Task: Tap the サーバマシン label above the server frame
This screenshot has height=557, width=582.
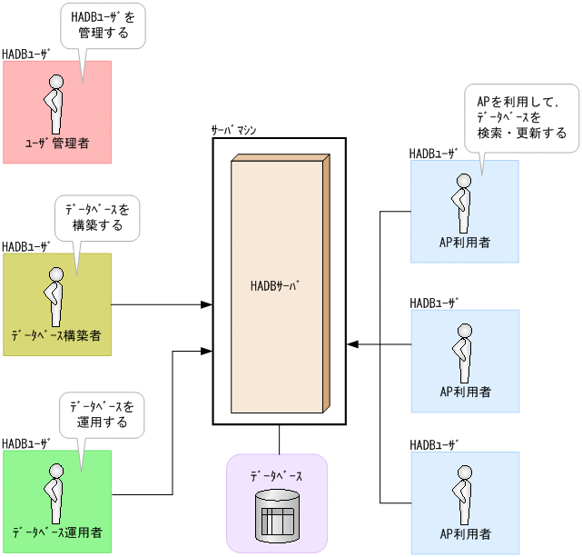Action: tap(233, 130)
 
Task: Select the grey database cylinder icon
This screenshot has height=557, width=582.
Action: tap(277, 514)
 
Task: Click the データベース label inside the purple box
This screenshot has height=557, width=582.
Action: tap(276, 476)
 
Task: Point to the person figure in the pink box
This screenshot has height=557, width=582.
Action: tap(55, 104)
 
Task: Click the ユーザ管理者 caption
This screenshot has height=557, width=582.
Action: tap(56, 144)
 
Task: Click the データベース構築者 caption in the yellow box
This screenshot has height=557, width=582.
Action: tap(56, 336)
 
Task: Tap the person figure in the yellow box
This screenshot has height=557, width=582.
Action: tap(55, 295)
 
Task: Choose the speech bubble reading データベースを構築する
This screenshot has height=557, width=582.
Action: tap(96, 217)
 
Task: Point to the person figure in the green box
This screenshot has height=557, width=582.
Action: tap(55, 492)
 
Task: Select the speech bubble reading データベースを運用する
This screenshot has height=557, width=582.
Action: tap(102, 413)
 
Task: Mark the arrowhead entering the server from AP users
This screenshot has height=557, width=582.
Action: tap(353, 344)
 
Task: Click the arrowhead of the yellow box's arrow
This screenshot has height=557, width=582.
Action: tap(206, 304)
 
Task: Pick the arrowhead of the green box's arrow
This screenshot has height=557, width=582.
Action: tap(206, 351)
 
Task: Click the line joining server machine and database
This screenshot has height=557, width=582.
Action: tap(279, 439)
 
